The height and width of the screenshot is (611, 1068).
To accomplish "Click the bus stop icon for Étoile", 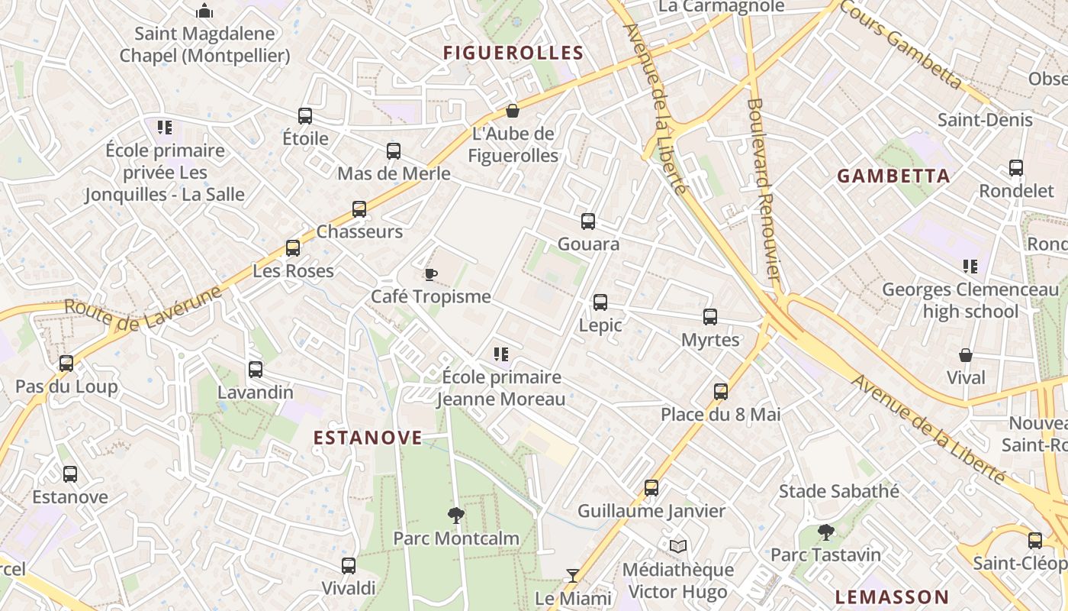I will coord(305,116).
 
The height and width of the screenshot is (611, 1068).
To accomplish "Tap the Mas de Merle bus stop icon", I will coord(394,151).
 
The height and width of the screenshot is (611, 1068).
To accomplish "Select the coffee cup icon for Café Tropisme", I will coord(430,274).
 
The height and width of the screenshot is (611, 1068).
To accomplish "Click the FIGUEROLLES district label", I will coord(513,53).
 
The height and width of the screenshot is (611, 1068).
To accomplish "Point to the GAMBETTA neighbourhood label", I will coord(893,176).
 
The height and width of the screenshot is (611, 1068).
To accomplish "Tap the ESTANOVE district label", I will coord(368,438).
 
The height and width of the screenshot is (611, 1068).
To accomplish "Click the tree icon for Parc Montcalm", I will coord(456,516).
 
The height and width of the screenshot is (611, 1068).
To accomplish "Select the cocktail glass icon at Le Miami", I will coord(573,576).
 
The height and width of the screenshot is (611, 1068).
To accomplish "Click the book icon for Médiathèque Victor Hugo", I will coord(678,547).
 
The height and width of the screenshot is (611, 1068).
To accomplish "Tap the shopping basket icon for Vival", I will coord(966,355).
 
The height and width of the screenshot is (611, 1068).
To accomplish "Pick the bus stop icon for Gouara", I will coord(588,221).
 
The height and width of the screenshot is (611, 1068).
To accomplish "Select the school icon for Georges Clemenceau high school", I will coord(970,267).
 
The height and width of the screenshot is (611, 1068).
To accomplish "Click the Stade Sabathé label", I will coord(838,491).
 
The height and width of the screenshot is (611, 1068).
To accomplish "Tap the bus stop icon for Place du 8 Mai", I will coord(721,392).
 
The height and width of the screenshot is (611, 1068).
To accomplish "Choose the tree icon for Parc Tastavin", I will coord(825,532).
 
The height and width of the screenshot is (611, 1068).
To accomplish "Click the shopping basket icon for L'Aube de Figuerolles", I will coord(513,111).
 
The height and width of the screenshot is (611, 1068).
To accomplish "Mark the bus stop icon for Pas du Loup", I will coord(66,364).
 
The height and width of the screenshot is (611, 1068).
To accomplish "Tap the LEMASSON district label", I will coord(892,597).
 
